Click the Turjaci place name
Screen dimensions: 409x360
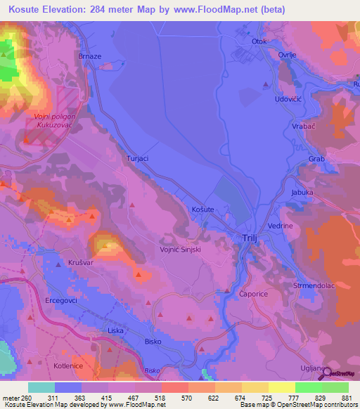[137, 159]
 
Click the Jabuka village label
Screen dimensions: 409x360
[302, 191]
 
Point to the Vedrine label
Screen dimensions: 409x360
[279, 226]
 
